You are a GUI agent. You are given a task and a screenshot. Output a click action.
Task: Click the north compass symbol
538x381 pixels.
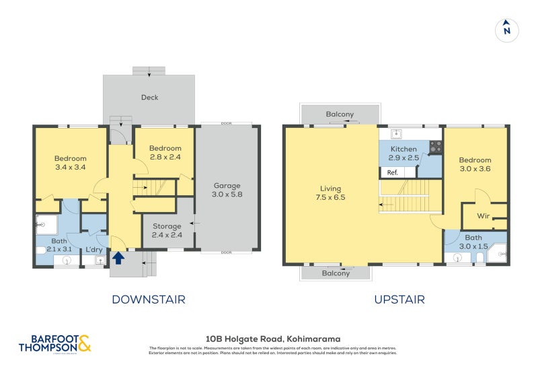pyautogui.click(x=507, y=30)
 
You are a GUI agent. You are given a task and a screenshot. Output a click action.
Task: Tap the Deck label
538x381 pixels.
pyautogui.click(x=149, y=98)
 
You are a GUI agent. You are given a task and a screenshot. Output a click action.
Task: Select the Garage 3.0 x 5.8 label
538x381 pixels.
pyautogui.click(x=227, y=190)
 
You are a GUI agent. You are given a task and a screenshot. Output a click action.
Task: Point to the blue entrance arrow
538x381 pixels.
pyautogui.click(x=118, y=257)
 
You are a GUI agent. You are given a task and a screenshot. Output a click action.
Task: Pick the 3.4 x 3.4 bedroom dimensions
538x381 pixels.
pyautogui.click(x=71, y=167)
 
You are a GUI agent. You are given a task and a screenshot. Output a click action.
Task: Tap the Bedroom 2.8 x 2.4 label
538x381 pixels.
pyautogui.click(x=165, y=153)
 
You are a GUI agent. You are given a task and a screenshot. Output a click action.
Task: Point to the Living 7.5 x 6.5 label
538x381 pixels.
pyautogui.click(x=331, y=193)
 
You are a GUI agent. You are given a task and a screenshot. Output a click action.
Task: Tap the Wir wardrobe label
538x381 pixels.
pyautogui.click(x=483, y=216)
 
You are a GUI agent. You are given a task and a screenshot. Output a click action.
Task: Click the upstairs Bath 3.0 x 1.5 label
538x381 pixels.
pyautogui.click(x=473, y=242)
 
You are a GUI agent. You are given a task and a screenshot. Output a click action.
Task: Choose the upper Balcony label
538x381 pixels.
pyautogui.click(x=340, y=114)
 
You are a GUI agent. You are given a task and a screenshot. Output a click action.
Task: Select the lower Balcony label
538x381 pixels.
pyautogui.click(x=336, y=273)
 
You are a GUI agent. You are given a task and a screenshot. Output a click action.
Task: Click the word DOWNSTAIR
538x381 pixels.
pyautogui.click(x=148, y=300)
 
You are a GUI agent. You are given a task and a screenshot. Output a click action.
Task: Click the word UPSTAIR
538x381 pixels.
pyautogui.click(x=399, y=300)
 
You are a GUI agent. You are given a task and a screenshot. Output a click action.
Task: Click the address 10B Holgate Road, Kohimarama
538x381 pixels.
pyautogui.click(x=272, y=339)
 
